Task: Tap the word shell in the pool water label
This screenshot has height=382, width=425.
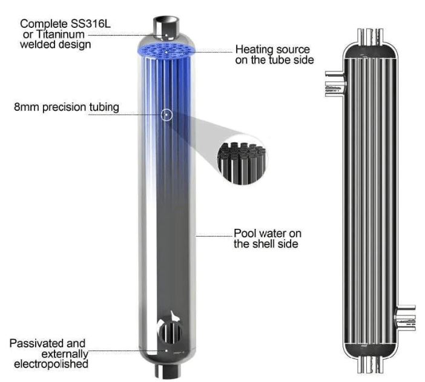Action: coord(262,244)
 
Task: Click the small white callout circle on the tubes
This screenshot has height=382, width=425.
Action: coord(166,114)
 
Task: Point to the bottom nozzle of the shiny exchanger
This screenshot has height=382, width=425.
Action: coord(166,369)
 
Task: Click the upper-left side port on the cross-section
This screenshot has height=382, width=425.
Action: coord(334,84)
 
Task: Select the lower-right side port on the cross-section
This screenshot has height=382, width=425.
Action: coord(405,316)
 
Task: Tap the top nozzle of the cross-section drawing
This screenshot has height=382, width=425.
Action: coord(370,36)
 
